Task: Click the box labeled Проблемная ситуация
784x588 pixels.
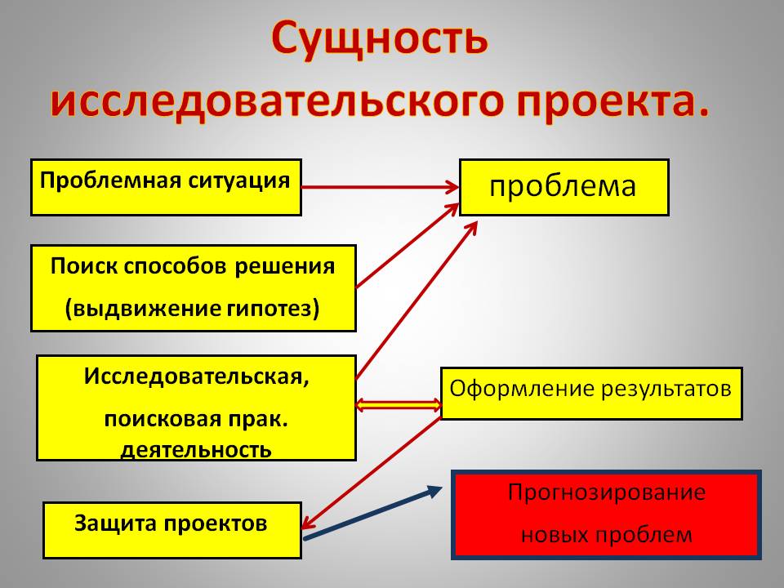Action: pyautogui.click(x=166, y=187)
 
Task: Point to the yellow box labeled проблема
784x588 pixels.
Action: pyautogui.click(x=563, y=187)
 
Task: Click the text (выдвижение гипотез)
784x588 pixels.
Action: pyautogui.click(x=193, y=309)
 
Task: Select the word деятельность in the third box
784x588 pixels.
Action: pyautogui.click(x=196, y=449)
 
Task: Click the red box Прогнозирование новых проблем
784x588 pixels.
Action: pyautogui.click(x=606, y=514)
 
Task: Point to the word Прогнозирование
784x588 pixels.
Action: pyautogui.click(x=606, y=493)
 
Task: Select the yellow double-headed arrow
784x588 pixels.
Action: pyautogui.click(x=399, y=403)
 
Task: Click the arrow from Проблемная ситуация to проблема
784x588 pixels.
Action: pyautogui.click(x=380, y=187)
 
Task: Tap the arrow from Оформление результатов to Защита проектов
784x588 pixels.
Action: pyautogui.click(x=372, y=471)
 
